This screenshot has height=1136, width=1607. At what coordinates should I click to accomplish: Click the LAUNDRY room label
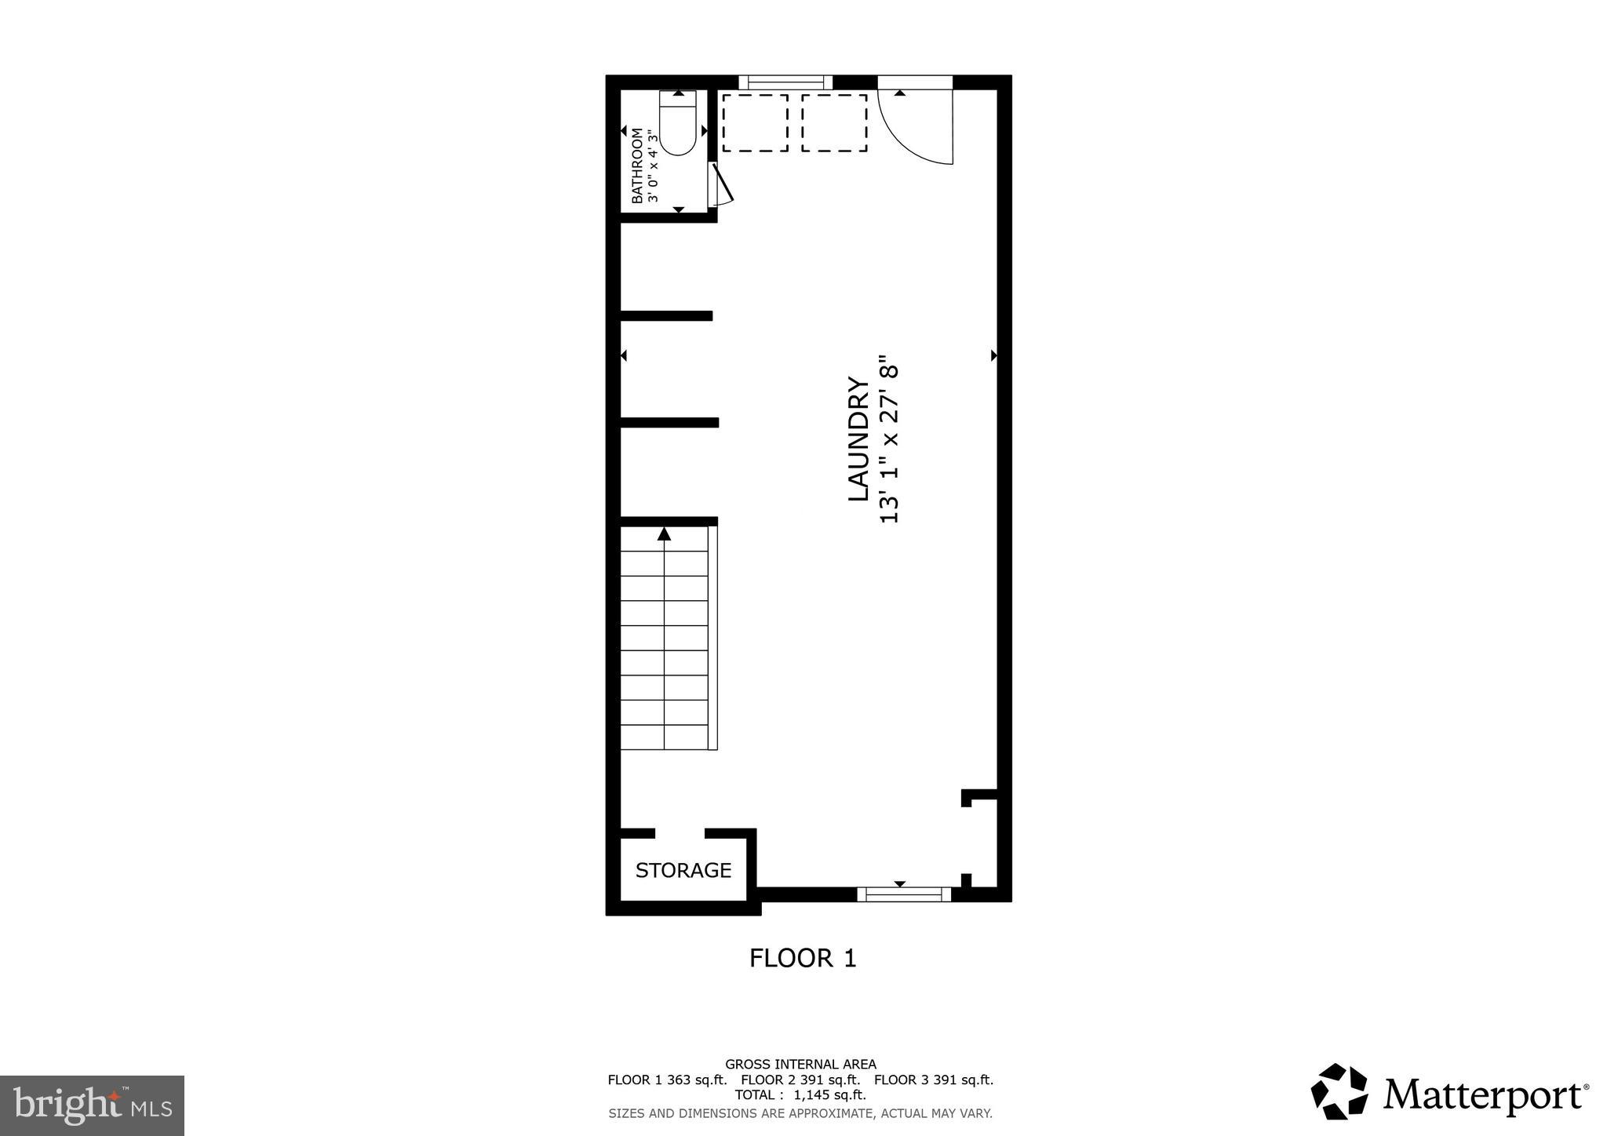click(x=858, y=439)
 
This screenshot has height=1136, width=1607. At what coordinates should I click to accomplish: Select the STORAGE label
click(x=683, y=870)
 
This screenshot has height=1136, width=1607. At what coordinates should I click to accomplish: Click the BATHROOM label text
click(x=636, y=166)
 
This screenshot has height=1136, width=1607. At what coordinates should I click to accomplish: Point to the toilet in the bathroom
click(x=677, y=124)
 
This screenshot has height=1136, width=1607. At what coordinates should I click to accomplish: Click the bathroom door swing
click(x=720, y=185)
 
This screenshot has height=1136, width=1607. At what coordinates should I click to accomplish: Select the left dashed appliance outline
click(x=755, y=123)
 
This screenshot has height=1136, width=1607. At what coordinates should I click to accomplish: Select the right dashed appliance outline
click(x=834, y=123)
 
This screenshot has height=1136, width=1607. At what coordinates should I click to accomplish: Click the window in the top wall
click(x=785, y=82)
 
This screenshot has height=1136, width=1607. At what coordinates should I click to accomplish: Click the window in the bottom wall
click(x=903, y=894)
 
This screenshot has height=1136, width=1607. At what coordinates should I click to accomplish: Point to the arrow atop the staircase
click(x=665, y=534)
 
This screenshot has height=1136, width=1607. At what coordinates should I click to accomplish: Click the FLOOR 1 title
click(x=802, y=958)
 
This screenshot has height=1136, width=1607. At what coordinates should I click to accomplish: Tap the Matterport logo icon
click(x=1339, y=1091)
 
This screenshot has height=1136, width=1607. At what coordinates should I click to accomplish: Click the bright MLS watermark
click(x=92, y=1105)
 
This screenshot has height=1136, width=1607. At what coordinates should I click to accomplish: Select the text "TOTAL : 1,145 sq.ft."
click(x=800, y=1095)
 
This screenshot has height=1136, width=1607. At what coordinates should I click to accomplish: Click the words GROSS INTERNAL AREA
click(x=800, y=1065)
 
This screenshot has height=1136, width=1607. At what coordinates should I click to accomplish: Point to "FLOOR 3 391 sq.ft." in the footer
click(x=934, y=1080)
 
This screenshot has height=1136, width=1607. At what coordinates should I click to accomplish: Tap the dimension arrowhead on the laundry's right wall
click(x=993, y=355)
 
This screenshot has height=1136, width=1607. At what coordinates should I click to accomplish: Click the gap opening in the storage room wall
click(x=680, y=833)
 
